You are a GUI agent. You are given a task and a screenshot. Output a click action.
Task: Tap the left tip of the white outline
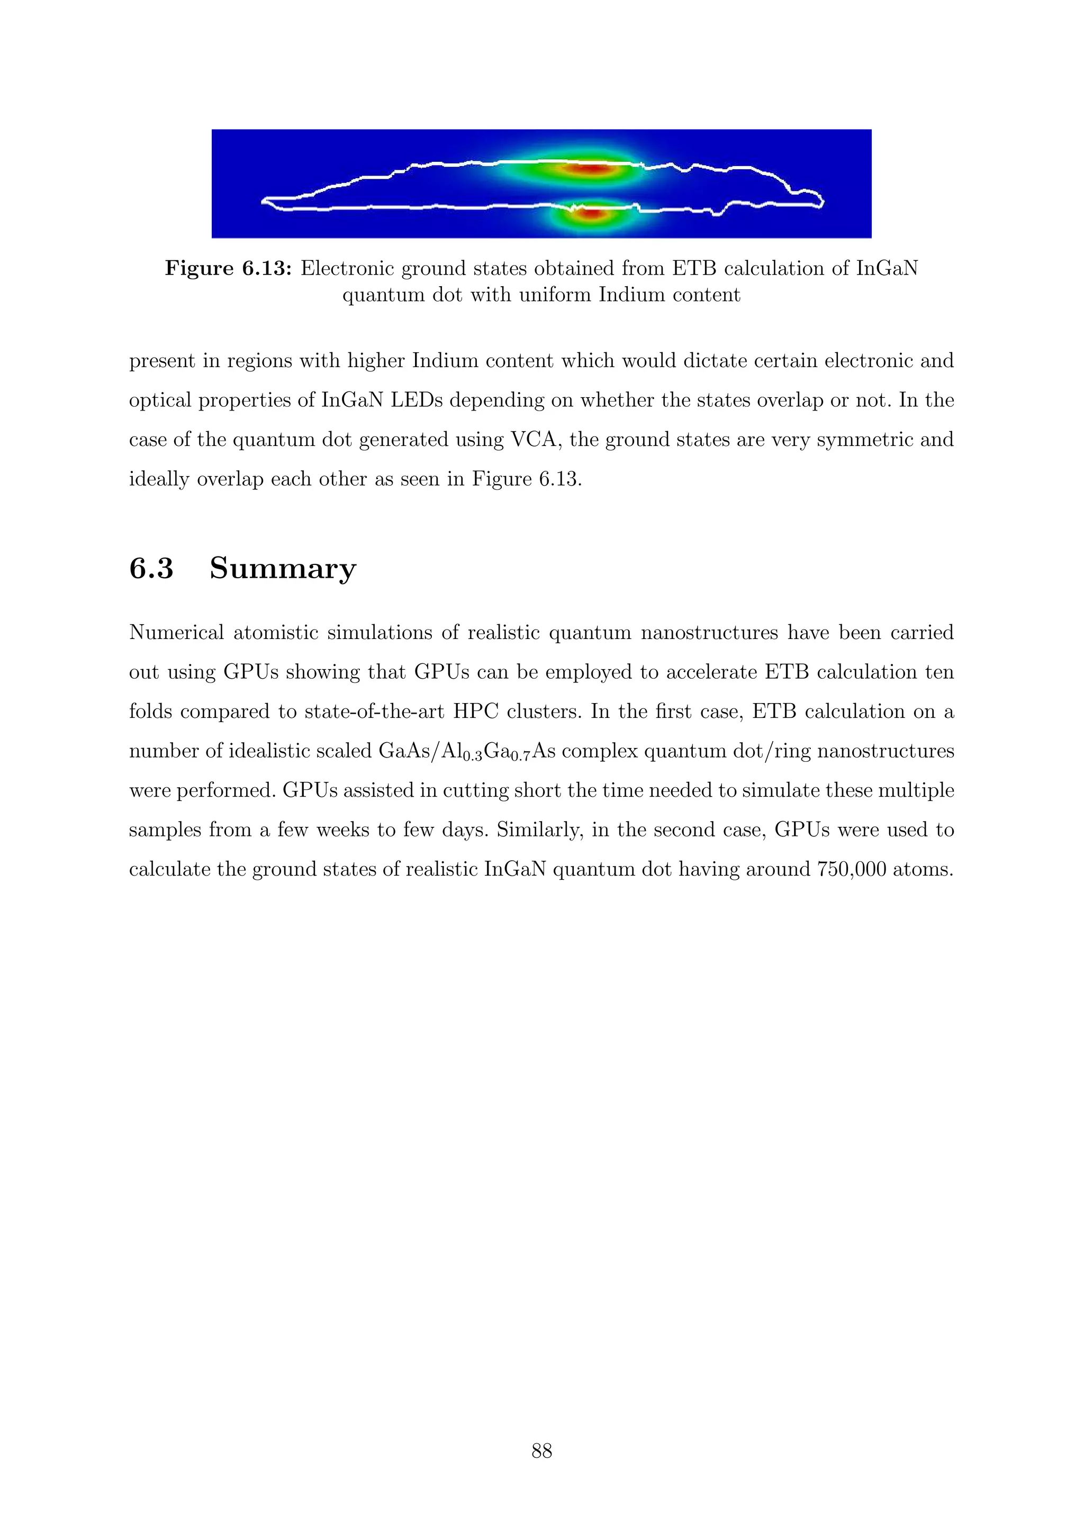click(264, 200)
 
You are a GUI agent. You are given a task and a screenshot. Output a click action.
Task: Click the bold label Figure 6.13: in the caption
click(228, 268)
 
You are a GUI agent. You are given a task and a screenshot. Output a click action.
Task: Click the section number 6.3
click(151, 569)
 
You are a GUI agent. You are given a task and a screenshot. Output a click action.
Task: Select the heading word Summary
click(283, 569)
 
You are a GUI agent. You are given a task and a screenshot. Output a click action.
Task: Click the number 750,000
click(851, 870)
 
